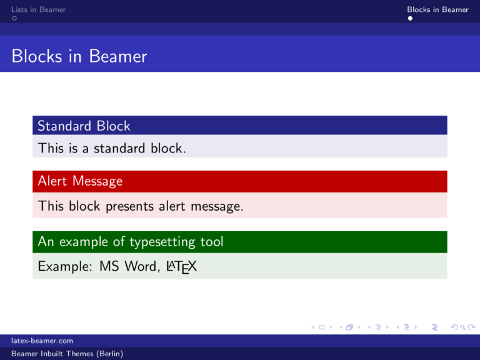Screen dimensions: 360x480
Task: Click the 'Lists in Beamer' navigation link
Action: point(38,9)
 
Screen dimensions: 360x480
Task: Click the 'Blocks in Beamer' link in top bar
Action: point(437,9)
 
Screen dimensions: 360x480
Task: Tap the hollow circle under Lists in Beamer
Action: point(14,19)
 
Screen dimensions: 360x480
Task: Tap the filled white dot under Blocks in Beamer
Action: point(410,19)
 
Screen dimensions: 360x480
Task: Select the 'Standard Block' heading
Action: point(84,126)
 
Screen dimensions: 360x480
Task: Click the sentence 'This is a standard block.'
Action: point(112,148)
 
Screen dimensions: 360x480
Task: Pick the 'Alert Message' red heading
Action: point(80,181)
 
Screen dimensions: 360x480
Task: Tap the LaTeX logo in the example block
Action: point(181,267)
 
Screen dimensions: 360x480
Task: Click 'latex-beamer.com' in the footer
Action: point(42,341)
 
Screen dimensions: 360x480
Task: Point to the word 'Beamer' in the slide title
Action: point(117,57)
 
